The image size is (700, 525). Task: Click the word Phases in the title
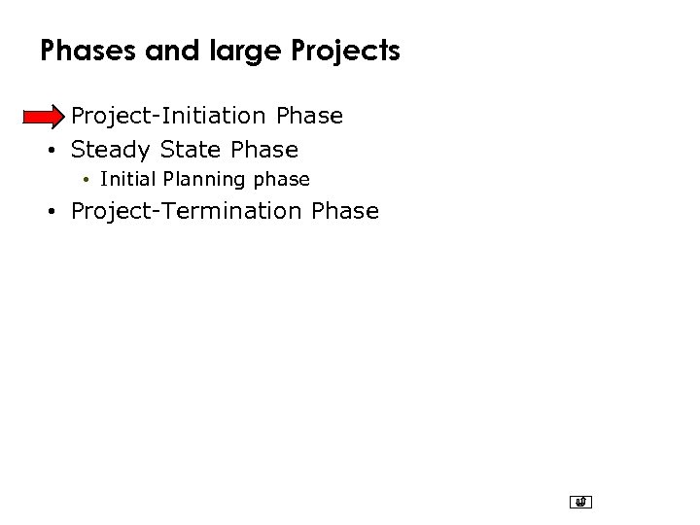pos(88,51)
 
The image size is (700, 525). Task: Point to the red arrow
pos(44,118)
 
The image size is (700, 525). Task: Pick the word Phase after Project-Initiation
pos(309,116)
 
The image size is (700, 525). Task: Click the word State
pos(192,150)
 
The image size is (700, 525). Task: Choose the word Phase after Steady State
pos(264,150)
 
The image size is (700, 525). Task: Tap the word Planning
pos(204,180)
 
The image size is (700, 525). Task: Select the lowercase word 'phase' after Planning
pos(282,180)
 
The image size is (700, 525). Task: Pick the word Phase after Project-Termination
pos(345,211)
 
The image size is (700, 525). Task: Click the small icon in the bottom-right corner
pos(581,503)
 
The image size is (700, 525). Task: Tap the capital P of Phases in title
pos(48,51)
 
